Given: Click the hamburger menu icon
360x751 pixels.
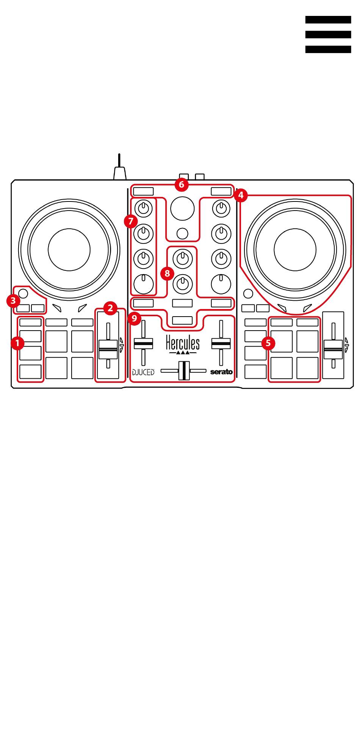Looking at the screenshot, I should point(328,34).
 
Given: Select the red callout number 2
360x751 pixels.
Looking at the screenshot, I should point(110,308).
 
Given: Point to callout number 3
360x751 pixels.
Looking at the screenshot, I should point(13,301).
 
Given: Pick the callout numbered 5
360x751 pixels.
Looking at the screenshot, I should point(268,343).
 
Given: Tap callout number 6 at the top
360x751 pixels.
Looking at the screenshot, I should point(181,184).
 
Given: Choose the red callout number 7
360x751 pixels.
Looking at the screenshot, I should point(131,221).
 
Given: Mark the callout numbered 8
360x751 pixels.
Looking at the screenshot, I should point(167,273).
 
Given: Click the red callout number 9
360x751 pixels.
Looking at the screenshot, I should point(134,318).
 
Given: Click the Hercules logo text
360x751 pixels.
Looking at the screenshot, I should point(182,343).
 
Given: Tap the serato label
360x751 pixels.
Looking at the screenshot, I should point(222,372).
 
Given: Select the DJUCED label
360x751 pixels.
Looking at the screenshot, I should point(143,372).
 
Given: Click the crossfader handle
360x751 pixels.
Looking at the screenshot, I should point(184,371).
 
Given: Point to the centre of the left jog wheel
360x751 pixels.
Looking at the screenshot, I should point(69,249).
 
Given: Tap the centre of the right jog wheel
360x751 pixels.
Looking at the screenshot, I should point(295,250).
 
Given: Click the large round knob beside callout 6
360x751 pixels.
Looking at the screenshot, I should point(182,208).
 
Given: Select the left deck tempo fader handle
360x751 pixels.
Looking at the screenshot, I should point(108,348).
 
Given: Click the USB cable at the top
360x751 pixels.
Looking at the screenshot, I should point(119,169).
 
